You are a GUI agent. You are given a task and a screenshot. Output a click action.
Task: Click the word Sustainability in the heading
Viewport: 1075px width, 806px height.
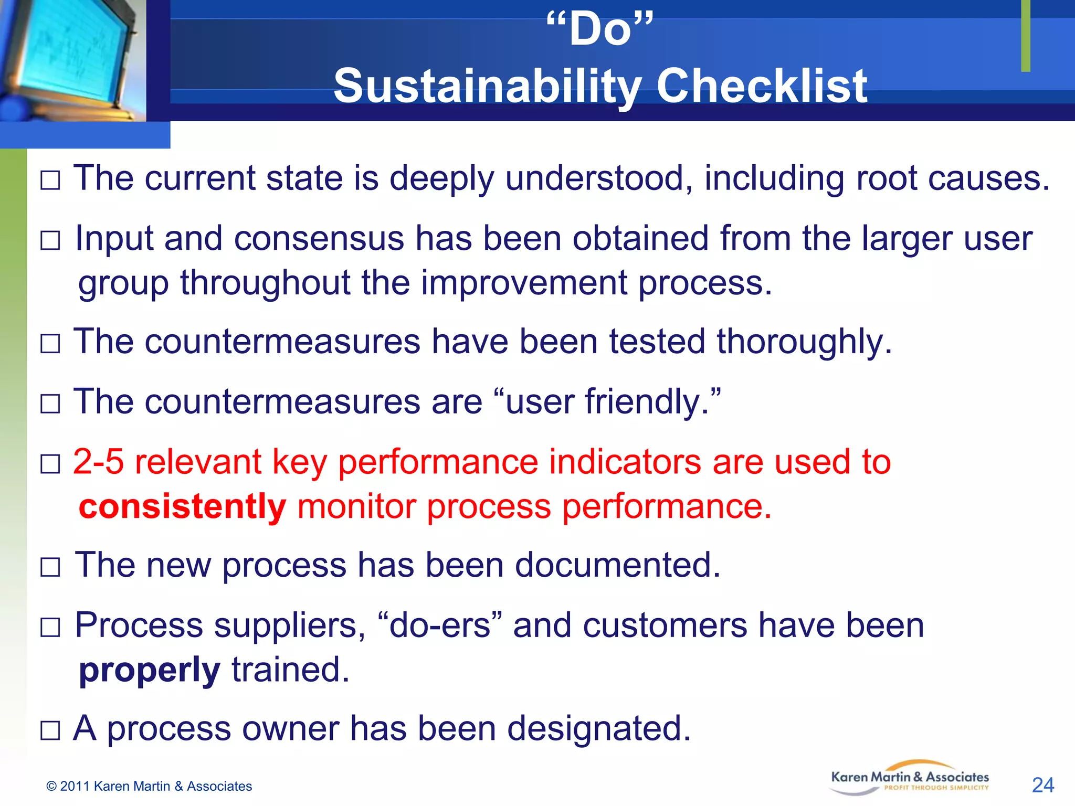(487, 86)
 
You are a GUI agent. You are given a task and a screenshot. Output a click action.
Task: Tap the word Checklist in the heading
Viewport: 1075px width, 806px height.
(762, 86)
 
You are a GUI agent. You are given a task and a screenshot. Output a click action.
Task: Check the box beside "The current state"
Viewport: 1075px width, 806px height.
(50, 181)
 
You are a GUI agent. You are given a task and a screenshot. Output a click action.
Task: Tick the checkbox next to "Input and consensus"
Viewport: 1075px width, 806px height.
(50, 241)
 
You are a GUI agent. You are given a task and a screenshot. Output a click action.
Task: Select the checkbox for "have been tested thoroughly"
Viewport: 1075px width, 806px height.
(50, 344)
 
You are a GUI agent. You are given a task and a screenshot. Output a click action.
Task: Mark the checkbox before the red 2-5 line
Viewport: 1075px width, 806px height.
(50, 464)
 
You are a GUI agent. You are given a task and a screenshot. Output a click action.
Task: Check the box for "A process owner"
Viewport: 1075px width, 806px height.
(50, 730)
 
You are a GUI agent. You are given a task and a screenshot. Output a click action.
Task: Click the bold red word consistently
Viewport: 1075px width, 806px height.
(182, 507)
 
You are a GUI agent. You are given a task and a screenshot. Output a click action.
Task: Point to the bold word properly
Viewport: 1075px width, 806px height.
(149, 671)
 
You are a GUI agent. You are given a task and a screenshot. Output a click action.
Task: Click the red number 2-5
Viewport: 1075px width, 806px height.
(98, 462)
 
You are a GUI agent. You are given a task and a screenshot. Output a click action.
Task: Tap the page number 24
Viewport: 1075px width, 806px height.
(1042, 785)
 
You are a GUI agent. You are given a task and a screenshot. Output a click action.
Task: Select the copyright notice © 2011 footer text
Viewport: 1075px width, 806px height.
(149, 786)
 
